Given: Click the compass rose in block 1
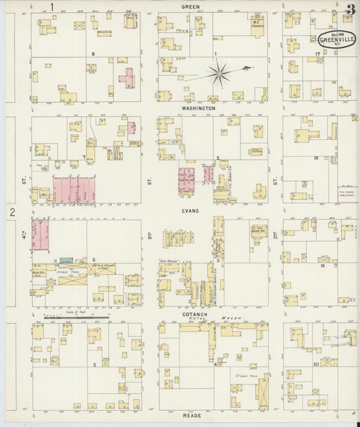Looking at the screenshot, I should coord(220,73).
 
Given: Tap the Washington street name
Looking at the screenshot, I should coord(198,108).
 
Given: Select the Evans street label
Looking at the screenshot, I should coord(198,211).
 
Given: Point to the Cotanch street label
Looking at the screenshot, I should coord(198,315).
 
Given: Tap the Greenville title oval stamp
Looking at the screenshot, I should coord(335,39).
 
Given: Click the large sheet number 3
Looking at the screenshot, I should coord(350,9).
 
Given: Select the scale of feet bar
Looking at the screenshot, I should coord(76,315).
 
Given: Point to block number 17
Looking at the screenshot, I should coord(316,53).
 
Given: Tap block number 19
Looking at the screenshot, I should coord(322,266).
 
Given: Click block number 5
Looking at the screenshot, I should coord(95,364).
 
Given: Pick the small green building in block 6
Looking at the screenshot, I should coord(66,260).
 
